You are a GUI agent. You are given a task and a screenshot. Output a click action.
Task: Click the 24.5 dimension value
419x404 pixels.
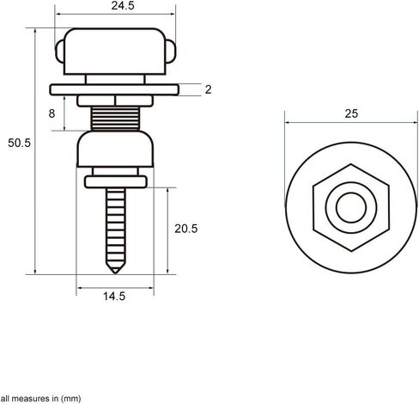[123, 6]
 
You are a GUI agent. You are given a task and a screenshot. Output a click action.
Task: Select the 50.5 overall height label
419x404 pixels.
[19, 143]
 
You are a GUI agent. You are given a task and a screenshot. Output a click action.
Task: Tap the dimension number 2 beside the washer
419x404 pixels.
[208, 89]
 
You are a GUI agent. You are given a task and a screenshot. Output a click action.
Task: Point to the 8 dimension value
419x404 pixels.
[52, 113]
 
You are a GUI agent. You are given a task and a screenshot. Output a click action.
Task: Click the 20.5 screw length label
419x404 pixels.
[186, 229]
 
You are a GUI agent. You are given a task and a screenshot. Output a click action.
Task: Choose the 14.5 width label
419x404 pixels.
[114, 297]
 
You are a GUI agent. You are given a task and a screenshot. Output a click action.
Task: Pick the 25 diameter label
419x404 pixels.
[351, 113]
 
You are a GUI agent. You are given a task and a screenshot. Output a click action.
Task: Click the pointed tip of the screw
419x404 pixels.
[115, 273]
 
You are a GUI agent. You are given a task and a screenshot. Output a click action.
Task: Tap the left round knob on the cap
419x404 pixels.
[60, 52]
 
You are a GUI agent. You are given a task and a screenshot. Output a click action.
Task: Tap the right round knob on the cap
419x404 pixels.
[171, 52]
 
